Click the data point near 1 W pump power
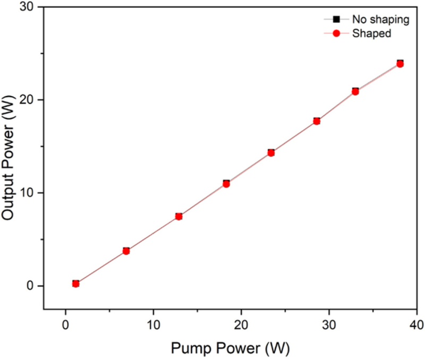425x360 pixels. [x=76, y=284]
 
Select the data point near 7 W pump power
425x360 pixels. [x=126, y=251]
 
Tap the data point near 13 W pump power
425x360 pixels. [x=179, y=216]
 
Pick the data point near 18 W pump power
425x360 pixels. [x=226, y=184]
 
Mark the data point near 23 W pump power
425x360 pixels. [x=271, y=152]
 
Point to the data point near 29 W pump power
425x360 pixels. [x=317, y=121]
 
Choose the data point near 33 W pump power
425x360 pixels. [x=355, y=91]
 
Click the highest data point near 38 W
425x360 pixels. [x=400, y=64]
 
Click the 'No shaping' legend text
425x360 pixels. [x=380, y=20]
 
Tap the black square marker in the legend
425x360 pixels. [x=336, y=20]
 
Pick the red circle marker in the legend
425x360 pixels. [x=336, y=34]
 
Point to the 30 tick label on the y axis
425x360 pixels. [x=27, y=6]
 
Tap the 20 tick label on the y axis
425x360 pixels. [x=27, y=100]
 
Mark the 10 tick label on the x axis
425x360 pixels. [x=154, y=324]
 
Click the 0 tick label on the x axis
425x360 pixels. [x=65, y=324]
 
